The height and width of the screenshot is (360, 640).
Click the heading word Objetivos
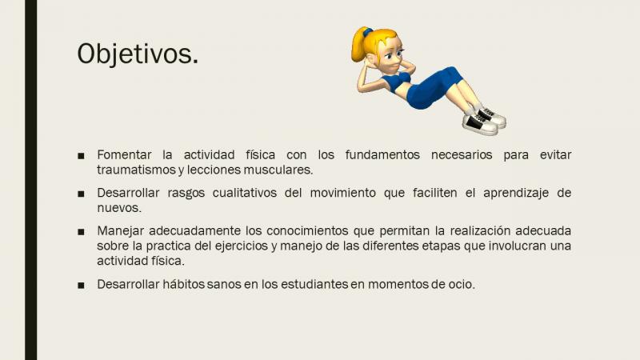(138, 54)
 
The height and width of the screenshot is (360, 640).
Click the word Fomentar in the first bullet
(124, 155)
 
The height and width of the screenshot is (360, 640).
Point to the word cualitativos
(245, 193)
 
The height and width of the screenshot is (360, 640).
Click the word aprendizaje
(516, 194)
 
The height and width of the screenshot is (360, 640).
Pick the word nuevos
(119, 208)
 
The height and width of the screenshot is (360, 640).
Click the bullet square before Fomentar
(81, 155)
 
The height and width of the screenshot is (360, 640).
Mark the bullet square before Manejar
(81, 232)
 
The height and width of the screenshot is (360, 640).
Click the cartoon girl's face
(390, 56)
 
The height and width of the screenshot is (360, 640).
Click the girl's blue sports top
(395, 82)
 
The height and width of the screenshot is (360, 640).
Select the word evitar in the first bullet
(555, 155)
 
